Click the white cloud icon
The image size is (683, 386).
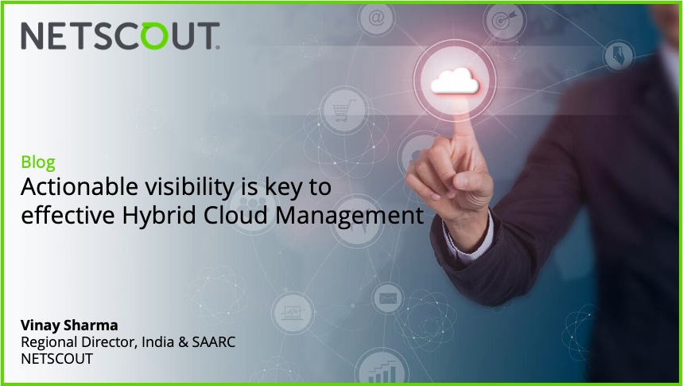454,80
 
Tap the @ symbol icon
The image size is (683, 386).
376,16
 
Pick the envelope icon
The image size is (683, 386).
388,299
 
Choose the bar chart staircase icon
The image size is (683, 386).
382,371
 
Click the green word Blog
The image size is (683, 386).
38,162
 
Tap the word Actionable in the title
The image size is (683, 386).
71,188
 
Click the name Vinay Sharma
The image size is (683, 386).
69,325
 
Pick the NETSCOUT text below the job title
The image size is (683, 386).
57,359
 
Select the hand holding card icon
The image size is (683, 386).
617,57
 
